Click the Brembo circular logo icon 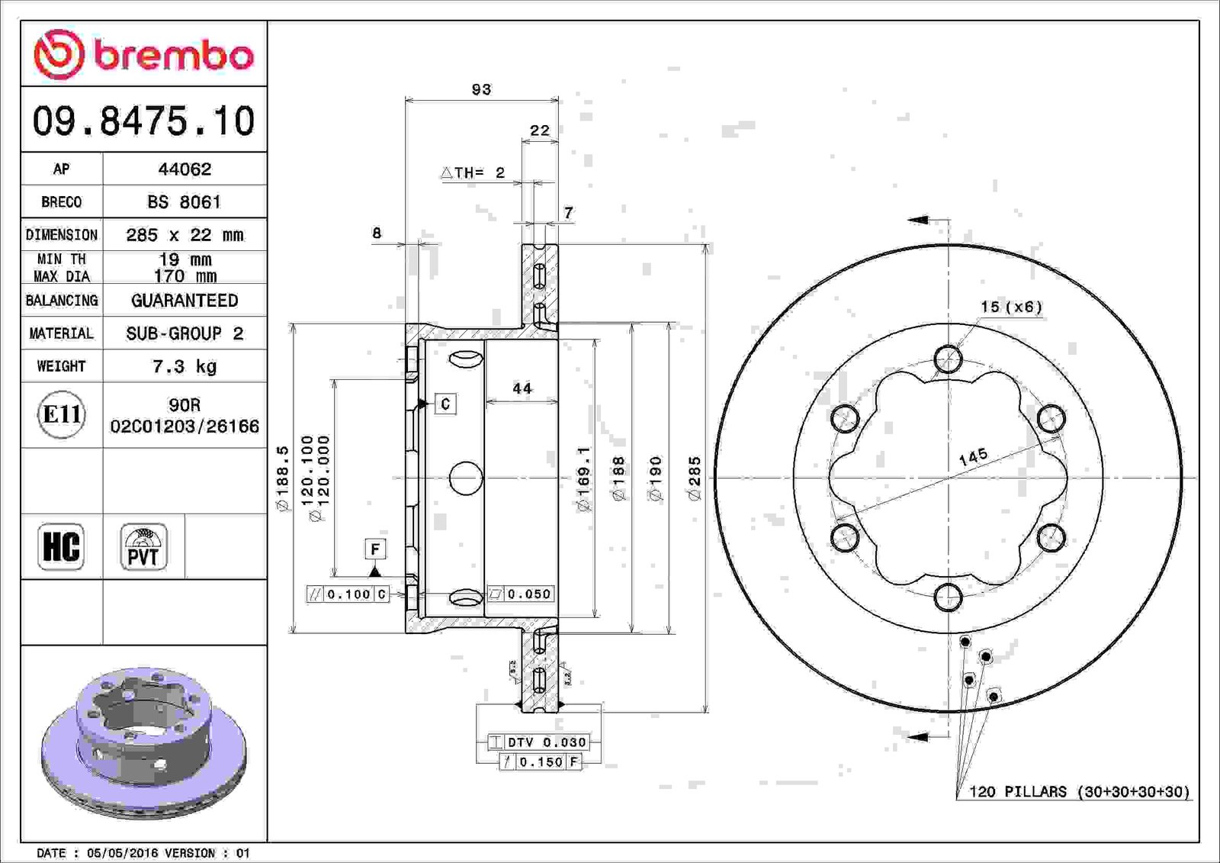[x=59, y=54]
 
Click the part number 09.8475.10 [x=144, y=121]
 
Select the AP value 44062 [x=185, y=169]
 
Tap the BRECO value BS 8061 [x=184, y=201]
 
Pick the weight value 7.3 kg [x=185, y=366]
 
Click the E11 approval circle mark [x=62, y=415]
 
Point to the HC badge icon [x=61, y=546]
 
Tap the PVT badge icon [x=144, y=546]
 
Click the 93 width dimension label [x=481, y=89]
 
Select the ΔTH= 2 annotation [x=473, y=172]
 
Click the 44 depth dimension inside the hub [x=522, y=388]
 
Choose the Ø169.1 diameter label [x=584, y=479]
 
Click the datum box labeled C [x=445, y=404]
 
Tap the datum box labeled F [x=375, y=549]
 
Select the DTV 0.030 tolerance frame [x=538, y=742]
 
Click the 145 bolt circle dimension [x=973, y=457]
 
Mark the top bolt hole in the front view [x=949, y=359]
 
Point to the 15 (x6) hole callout [x=1011, y=307]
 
